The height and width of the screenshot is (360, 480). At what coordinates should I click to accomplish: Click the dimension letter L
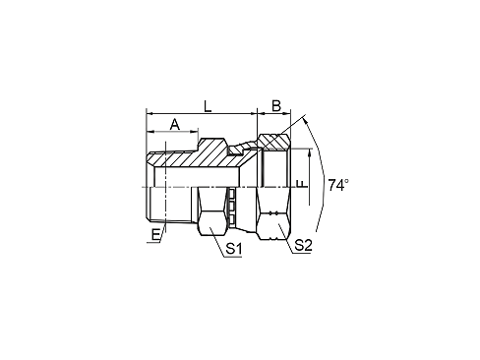point(208,106)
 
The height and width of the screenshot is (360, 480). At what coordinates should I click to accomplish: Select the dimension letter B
point(276,106)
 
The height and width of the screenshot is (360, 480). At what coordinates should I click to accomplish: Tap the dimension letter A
point(175,124)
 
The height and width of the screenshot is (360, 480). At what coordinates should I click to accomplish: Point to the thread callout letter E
point(155,235)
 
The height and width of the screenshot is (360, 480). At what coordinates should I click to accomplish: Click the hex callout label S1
point(234,249)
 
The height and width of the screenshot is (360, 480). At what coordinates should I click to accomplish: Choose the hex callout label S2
point(303,245)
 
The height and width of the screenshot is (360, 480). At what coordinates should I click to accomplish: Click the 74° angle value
point(338,185)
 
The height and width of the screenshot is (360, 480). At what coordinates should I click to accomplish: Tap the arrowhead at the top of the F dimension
point(309,152)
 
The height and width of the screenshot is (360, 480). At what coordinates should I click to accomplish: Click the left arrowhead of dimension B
point(261,113)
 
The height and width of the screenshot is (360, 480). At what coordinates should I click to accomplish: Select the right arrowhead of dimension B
point(287,113)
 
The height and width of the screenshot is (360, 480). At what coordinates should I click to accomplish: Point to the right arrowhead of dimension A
point(195,132)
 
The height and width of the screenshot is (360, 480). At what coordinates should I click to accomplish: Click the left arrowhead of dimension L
point(150,113)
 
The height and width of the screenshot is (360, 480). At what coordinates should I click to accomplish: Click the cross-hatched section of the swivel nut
point(274,142)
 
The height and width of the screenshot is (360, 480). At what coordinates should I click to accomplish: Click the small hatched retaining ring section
point(235,150)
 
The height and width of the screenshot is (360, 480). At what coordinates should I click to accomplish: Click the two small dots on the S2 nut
point(273,212)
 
